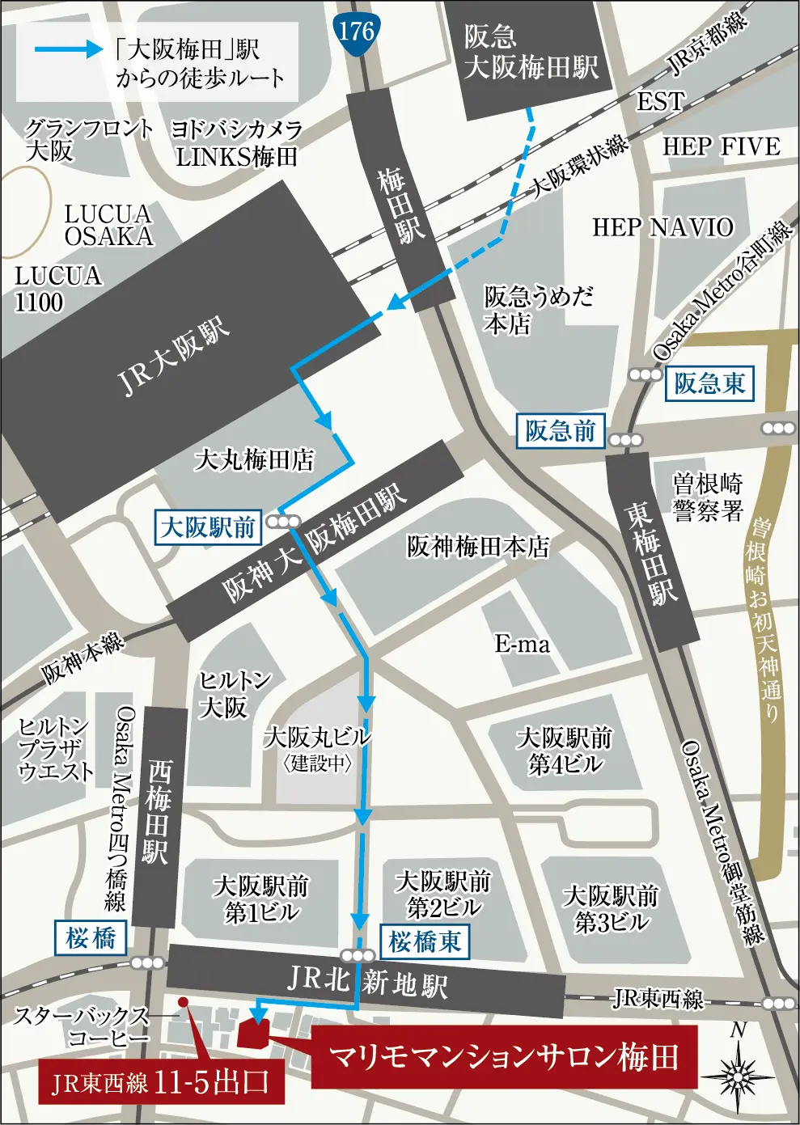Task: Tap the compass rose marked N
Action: click(x=738, y=1072)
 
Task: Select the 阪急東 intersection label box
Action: click(x=709, y=383)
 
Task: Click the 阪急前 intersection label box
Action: click(x=560, y=431)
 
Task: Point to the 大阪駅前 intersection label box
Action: click(x=208, y=527)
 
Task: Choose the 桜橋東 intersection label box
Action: click(x=424, y=941)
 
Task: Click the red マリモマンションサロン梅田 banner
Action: click(x=504, y=1057)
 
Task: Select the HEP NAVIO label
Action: click(x=662, y=227)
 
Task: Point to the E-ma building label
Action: click(x=523, y=644)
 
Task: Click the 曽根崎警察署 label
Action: click(x=708, y=497)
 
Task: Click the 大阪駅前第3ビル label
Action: click(x=612, y=908)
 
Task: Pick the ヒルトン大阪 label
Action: click(x=234, y=694)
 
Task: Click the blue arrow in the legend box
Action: click(x=69, y=49)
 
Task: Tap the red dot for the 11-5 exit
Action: click(x=184, y=1003)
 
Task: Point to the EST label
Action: click(x=660, y=102)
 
